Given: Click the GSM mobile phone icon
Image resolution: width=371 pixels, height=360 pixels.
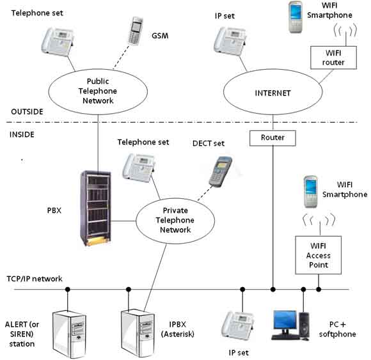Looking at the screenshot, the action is (x=136, y=31).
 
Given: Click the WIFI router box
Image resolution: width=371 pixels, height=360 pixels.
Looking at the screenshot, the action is (x=333, y=58).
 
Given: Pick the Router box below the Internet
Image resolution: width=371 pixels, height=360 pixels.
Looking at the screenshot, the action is (x=272, y=138).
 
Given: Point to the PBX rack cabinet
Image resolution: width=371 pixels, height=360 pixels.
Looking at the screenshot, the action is (x=96, y=208).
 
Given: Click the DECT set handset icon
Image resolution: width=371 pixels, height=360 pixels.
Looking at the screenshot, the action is (x=220, y=171).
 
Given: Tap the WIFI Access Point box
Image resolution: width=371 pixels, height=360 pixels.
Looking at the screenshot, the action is (x=319, y=255).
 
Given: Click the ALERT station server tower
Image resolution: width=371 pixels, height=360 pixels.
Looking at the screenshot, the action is (x=69, y=334).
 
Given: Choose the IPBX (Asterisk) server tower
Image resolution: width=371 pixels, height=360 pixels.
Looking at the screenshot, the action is (x=138, y=333).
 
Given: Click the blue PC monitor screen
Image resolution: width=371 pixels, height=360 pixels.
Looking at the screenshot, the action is (x=285, y=320).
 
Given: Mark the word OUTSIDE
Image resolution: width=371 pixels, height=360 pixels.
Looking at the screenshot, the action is (x=28, y=112).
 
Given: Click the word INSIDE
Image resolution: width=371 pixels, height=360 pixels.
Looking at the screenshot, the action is (x=22, y=134).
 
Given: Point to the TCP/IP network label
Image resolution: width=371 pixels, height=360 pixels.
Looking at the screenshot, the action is (x=35, y=279).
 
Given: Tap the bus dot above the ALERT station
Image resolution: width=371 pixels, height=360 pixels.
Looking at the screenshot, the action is (x=68, y=289).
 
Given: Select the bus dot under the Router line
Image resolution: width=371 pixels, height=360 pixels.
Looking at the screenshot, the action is (x=272, y=289).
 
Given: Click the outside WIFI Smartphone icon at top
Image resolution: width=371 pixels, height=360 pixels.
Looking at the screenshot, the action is (x=296, y=17).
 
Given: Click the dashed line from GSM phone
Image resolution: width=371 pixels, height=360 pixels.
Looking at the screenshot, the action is (x=122, y=58).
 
